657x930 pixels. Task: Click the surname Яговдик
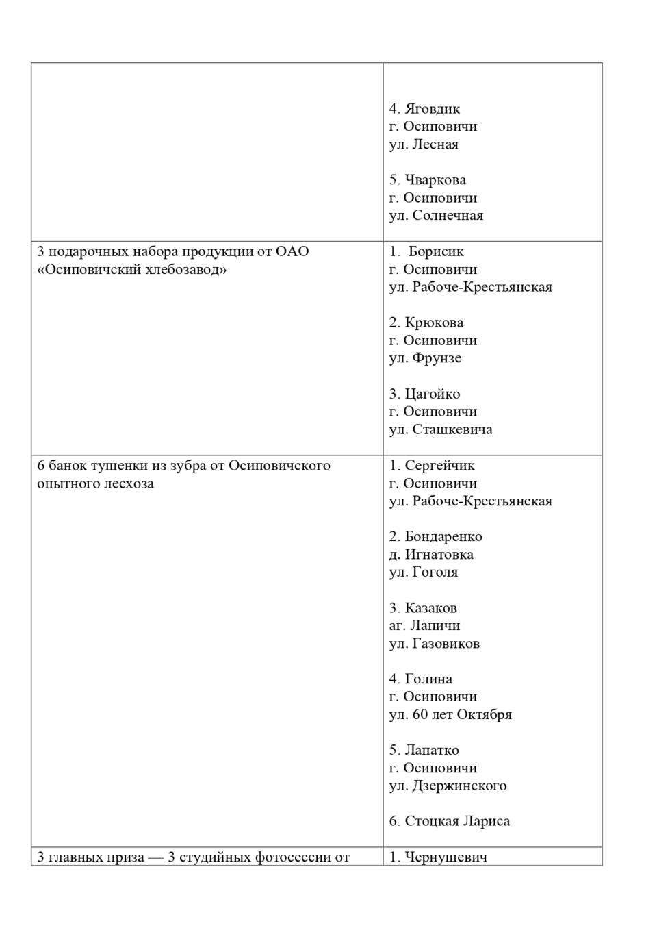coord(432,109)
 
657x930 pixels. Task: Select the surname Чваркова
coord(435,180)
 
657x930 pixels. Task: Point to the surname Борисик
coord(436,251)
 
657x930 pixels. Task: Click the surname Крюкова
coord(434,323)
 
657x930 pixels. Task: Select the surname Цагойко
coord(432,394)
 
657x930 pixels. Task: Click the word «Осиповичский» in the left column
coord(81,269)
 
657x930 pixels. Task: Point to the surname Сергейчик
coord(439,466)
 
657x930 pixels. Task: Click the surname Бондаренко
coord(443,536)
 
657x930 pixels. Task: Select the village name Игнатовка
coord(439,554)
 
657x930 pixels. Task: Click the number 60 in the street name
coord(420,714)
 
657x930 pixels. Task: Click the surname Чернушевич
coord(446,857)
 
